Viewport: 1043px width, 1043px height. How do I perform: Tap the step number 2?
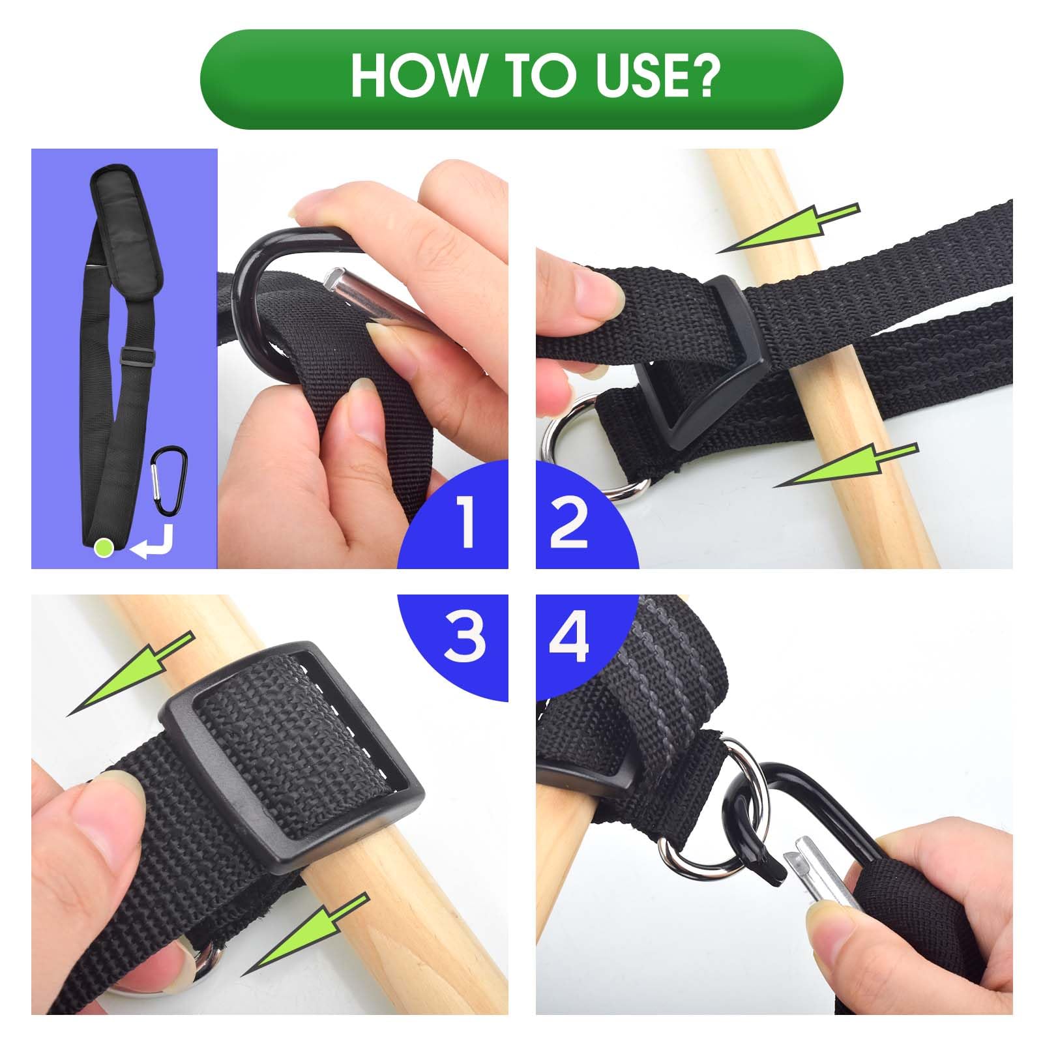click(x=568, y=521)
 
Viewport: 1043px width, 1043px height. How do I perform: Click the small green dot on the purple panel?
click(x=104, y=547)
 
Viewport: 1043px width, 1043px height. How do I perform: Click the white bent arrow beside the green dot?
click(x=153, y=542)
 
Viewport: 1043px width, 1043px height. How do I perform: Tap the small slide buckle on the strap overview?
click(x=137, y=357)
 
